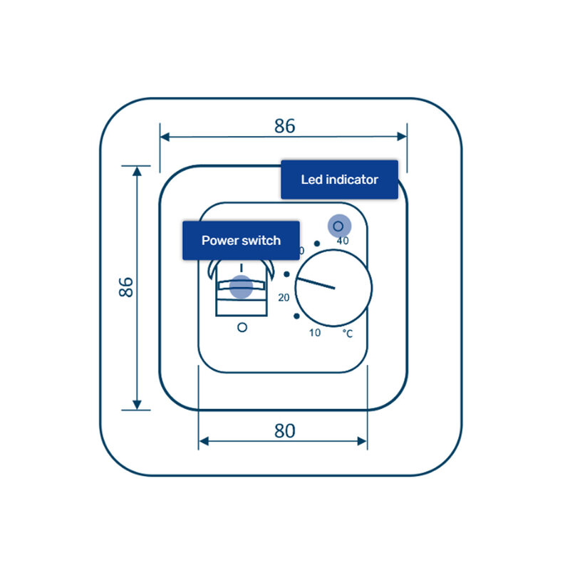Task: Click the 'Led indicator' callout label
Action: (339, 180)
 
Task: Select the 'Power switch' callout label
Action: (241, 240)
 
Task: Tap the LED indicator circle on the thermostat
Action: (338, 226)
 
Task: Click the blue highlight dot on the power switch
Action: (241, 286)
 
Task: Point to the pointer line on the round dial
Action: (315, 283)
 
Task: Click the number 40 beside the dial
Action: (343, 241)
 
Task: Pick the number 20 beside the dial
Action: (284, 298)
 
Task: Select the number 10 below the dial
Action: (314, 333)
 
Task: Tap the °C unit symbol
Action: (348, 333)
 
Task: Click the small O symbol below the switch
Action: (242, 327)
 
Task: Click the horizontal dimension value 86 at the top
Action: (284, 126)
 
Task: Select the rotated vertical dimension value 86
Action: (125, 287)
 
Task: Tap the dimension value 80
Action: (284, 431)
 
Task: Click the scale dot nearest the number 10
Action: (296, 316)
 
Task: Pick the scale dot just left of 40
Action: (316, 244)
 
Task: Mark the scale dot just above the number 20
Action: (286, 274)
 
